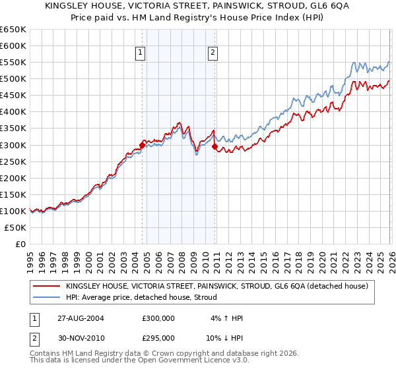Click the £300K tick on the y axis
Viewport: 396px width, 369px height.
(x=13, y=145)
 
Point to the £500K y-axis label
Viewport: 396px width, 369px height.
(x=13, y=79)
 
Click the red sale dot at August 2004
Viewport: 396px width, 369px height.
(x=142, y=145)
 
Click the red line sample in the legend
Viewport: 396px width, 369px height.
(x=46, y=286)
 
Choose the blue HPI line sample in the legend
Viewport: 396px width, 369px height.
(x=46, y=298)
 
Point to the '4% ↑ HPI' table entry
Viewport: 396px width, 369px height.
(x=225, y=318)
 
